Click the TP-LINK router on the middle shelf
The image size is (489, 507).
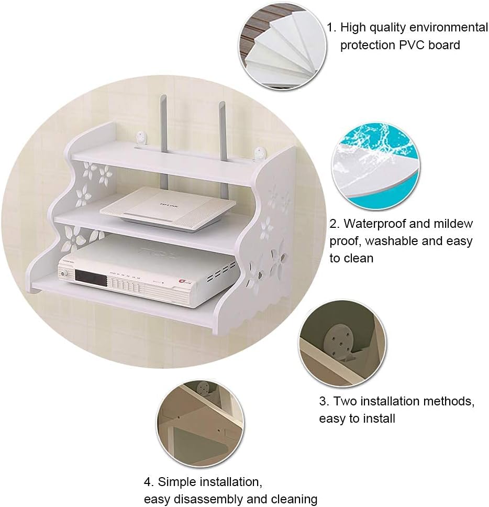pos(168,207)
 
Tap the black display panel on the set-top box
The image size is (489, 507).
pos(91,278)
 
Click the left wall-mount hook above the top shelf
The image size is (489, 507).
pos(141,137)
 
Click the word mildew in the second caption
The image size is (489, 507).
pos(453,224)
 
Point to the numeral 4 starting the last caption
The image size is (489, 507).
pos(148,482)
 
